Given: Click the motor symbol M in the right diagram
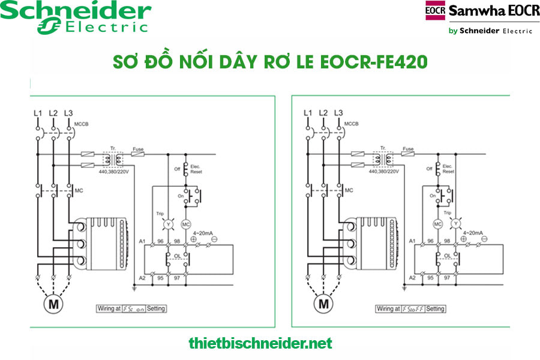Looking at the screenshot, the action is [325, 304].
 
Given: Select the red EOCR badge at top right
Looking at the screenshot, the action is [435, 11].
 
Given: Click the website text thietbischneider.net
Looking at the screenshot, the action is [260, 344].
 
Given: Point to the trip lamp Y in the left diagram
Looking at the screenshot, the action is [169, 224].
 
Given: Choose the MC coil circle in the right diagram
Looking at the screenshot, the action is [438, 224].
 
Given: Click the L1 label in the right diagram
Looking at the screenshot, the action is [308, 113].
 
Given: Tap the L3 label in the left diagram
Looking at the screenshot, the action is [68, 113].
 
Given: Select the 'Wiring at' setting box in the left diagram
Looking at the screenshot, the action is [131, 308].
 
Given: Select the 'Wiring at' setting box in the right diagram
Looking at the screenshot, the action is [411, 308].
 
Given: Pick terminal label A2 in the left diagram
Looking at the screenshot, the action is [142, 278].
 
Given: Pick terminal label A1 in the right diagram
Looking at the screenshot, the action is [412, 241].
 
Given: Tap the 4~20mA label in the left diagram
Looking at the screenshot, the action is [205, 233].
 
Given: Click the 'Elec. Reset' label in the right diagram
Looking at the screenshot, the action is [448, 169].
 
